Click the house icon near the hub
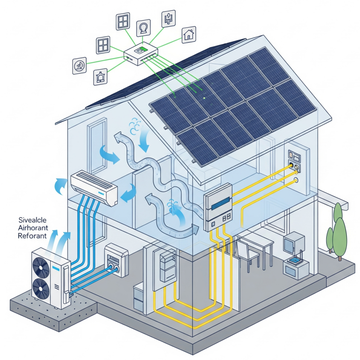coord(189,34)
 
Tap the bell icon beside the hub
coord(100,76)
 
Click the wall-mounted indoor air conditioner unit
coord(94,187)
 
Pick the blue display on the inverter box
coord(219,205)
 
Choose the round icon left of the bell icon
coord(80,66)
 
